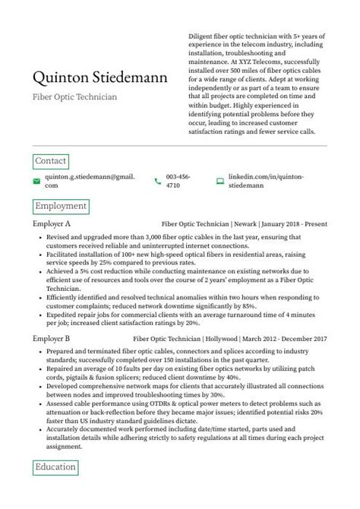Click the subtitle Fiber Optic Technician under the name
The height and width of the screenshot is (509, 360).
[74, 97]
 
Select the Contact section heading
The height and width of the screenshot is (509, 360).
[51, 161]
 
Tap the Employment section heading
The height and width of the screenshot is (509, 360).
[61, 206]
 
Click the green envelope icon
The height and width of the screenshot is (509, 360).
[36, 181]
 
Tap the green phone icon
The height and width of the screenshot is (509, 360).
[157, 181]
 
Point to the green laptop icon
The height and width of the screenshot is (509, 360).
[219, 181]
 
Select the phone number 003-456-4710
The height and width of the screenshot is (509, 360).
[178, 181]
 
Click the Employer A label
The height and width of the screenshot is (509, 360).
[52, 224]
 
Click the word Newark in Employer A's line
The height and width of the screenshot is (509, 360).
[244, 224]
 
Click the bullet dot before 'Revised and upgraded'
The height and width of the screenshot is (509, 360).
[39, 238]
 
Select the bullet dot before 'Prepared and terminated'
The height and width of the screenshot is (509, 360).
[39, 351]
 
